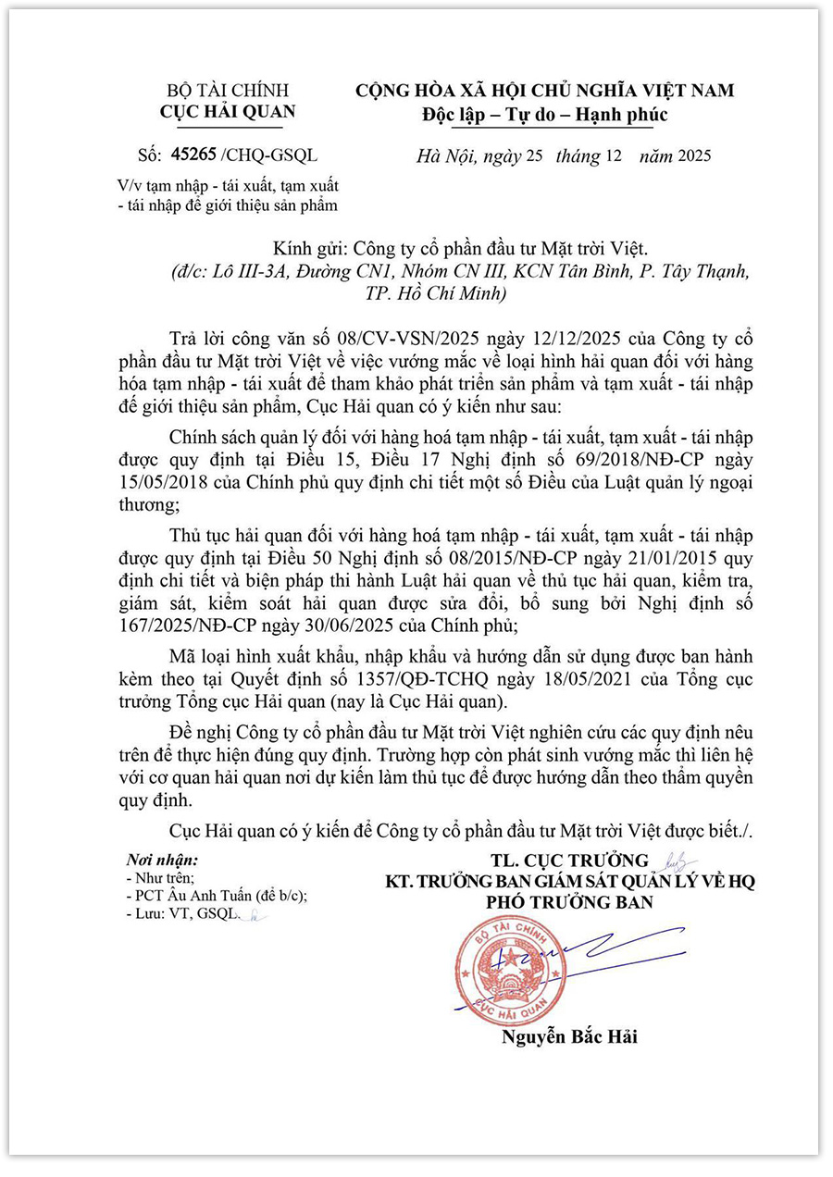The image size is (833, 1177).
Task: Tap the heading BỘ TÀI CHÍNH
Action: coord(228,91)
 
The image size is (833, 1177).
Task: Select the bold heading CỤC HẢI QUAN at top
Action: coord(228,112)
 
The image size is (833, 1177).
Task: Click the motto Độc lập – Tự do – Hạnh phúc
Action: coord(544,115)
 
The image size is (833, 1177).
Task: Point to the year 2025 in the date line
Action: coord(694,155)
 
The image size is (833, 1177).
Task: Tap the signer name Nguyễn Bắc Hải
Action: coord(569,1036)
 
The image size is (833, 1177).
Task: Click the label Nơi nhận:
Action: coord(162,860)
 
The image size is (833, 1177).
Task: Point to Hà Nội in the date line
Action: coord(441,155)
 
